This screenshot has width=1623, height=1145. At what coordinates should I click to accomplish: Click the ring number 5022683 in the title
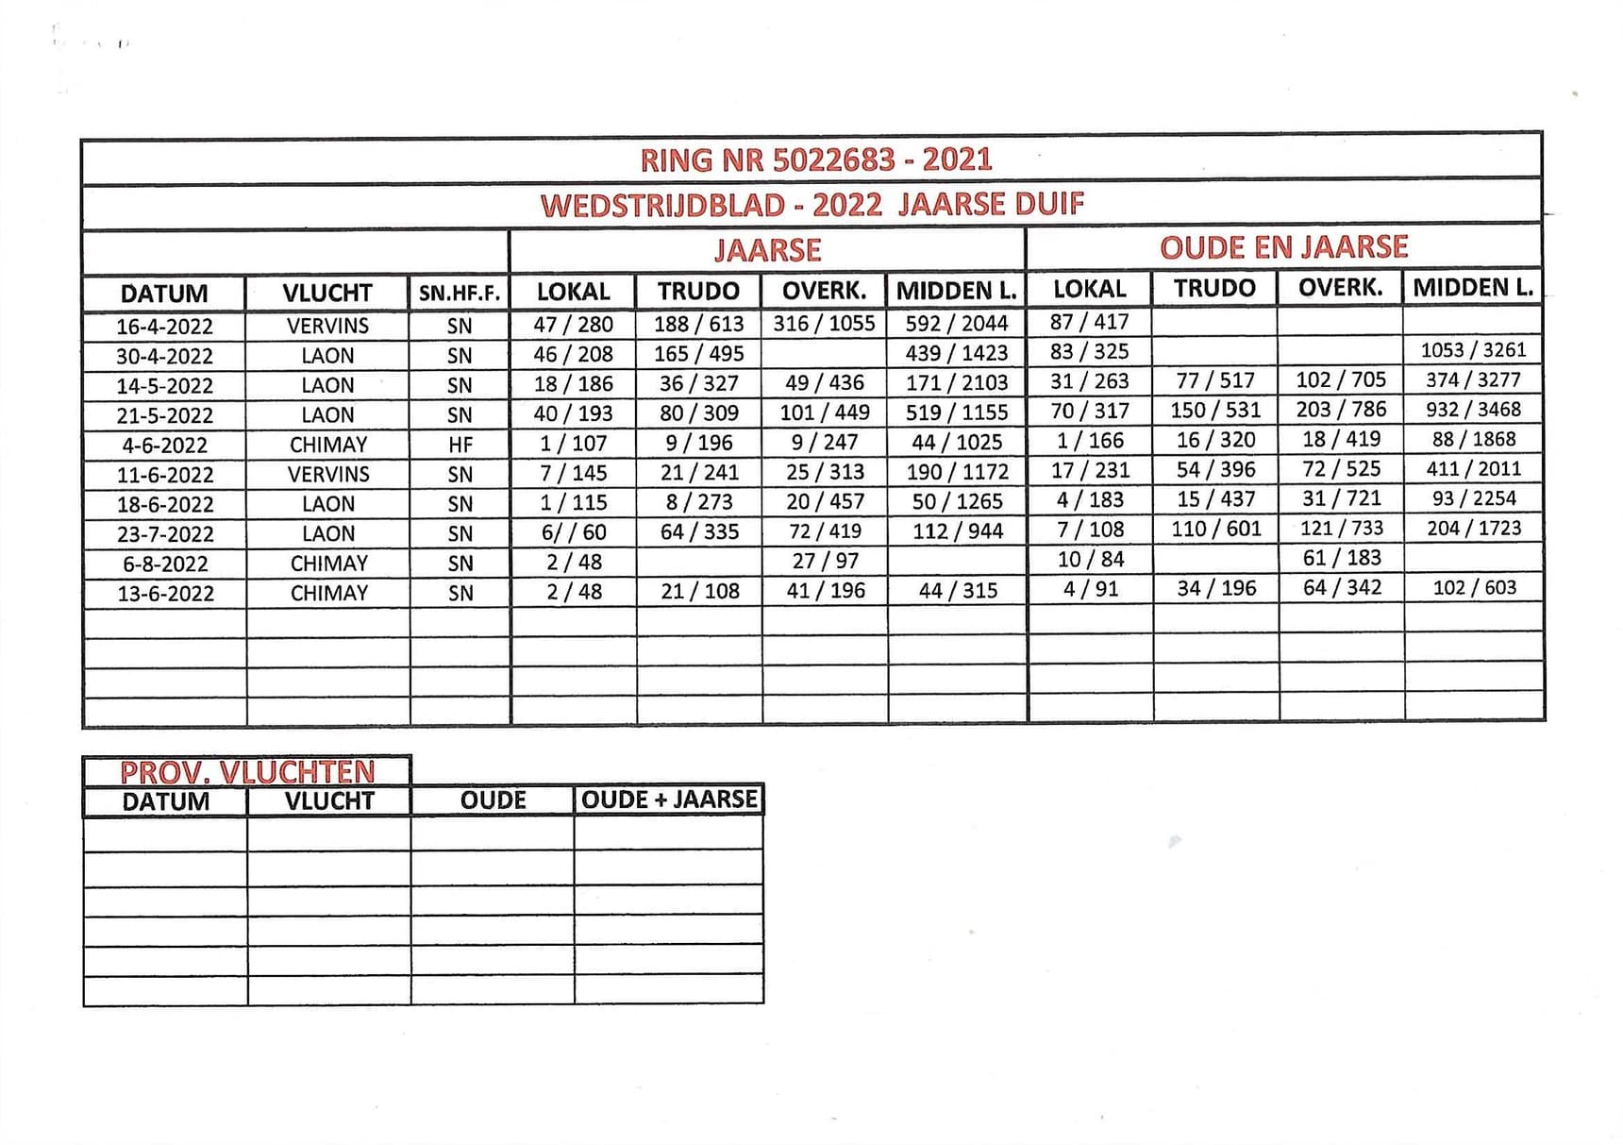point(833,160)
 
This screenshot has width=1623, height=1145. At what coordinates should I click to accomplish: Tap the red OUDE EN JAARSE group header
point(1283,247)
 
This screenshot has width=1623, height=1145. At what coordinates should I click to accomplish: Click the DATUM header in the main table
point(164,294)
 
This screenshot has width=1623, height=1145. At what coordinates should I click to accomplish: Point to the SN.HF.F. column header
point(459,294)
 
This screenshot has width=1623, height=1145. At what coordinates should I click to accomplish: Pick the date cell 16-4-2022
point(164,327)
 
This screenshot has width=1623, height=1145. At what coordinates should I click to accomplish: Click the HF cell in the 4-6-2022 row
point(460,445)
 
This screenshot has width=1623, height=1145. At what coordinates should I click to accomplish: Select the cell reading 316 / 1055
point(824,324)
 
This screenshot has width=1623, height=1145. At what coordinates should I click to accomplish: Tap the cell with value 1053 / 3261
point(1473,350)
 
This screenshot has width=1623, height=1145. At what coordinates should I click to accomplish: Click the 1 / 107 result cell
point(573,443)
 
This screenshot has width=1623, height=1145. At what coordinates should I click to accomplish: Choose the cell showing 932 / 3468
point(1473,410)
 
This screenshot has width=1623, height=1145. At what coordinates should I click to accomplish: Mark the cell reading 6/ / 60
point(573,532)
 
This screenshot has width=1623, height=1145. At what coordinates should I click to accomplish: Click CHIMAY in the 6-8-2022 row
point(328,564)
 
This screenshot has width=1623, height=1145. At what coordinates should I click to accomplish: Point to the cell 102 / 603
point(1474,587)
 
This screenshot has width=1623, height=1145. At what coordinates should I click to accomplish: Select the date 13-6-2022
point(165,594)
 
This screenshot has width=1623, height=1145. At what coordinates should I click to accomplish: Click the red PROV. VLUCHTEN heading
point(247,772)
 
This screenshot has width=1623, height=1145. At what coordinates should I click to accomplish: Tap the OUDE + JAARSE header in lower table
point(668,800)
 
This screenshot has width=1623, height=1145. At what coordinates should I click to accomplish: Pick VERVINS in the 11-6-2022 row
point(328,474)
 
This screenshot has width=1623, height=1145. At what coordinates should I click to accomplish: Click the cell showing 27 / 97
point(825,561)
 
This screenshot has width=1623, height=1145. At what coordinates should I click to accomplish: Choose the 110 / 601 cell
point(1216,529)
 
